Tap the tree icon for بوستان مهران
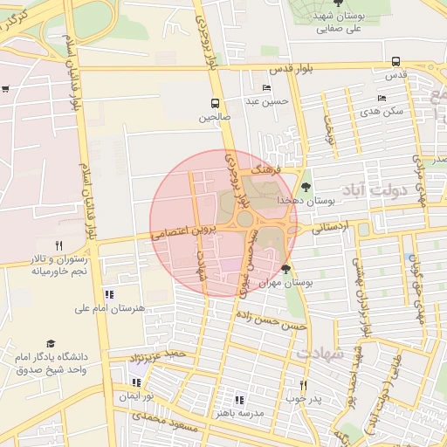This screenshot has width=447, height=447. click(x=286, y=269)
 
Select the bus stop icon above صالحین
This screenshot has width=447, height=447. click(x=215, y=102)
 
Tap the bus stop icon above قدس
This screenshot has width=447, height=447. click(x=396, y=61)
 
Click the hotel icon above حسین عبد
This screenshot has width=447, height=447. click(x=266, y=88)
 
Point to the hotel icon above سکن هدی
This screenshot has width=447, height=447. click(x=382, y=98)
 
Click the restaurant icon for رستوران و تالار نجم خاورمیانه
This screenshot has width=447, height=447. click(x=58, y=245)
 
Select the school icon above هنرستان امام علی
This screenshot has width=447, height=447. click(x=108, y=295)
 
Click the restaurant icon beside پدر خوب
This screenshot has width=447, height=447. click(x=304, y=385)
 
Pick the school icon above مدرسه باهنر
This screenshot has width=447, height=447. click(x=238, y=399)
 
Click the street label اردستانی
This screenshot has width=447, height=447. click(x=330, y=227)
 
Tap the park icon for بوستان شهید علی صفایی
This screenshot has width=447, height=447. click(x=338, y=3)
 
